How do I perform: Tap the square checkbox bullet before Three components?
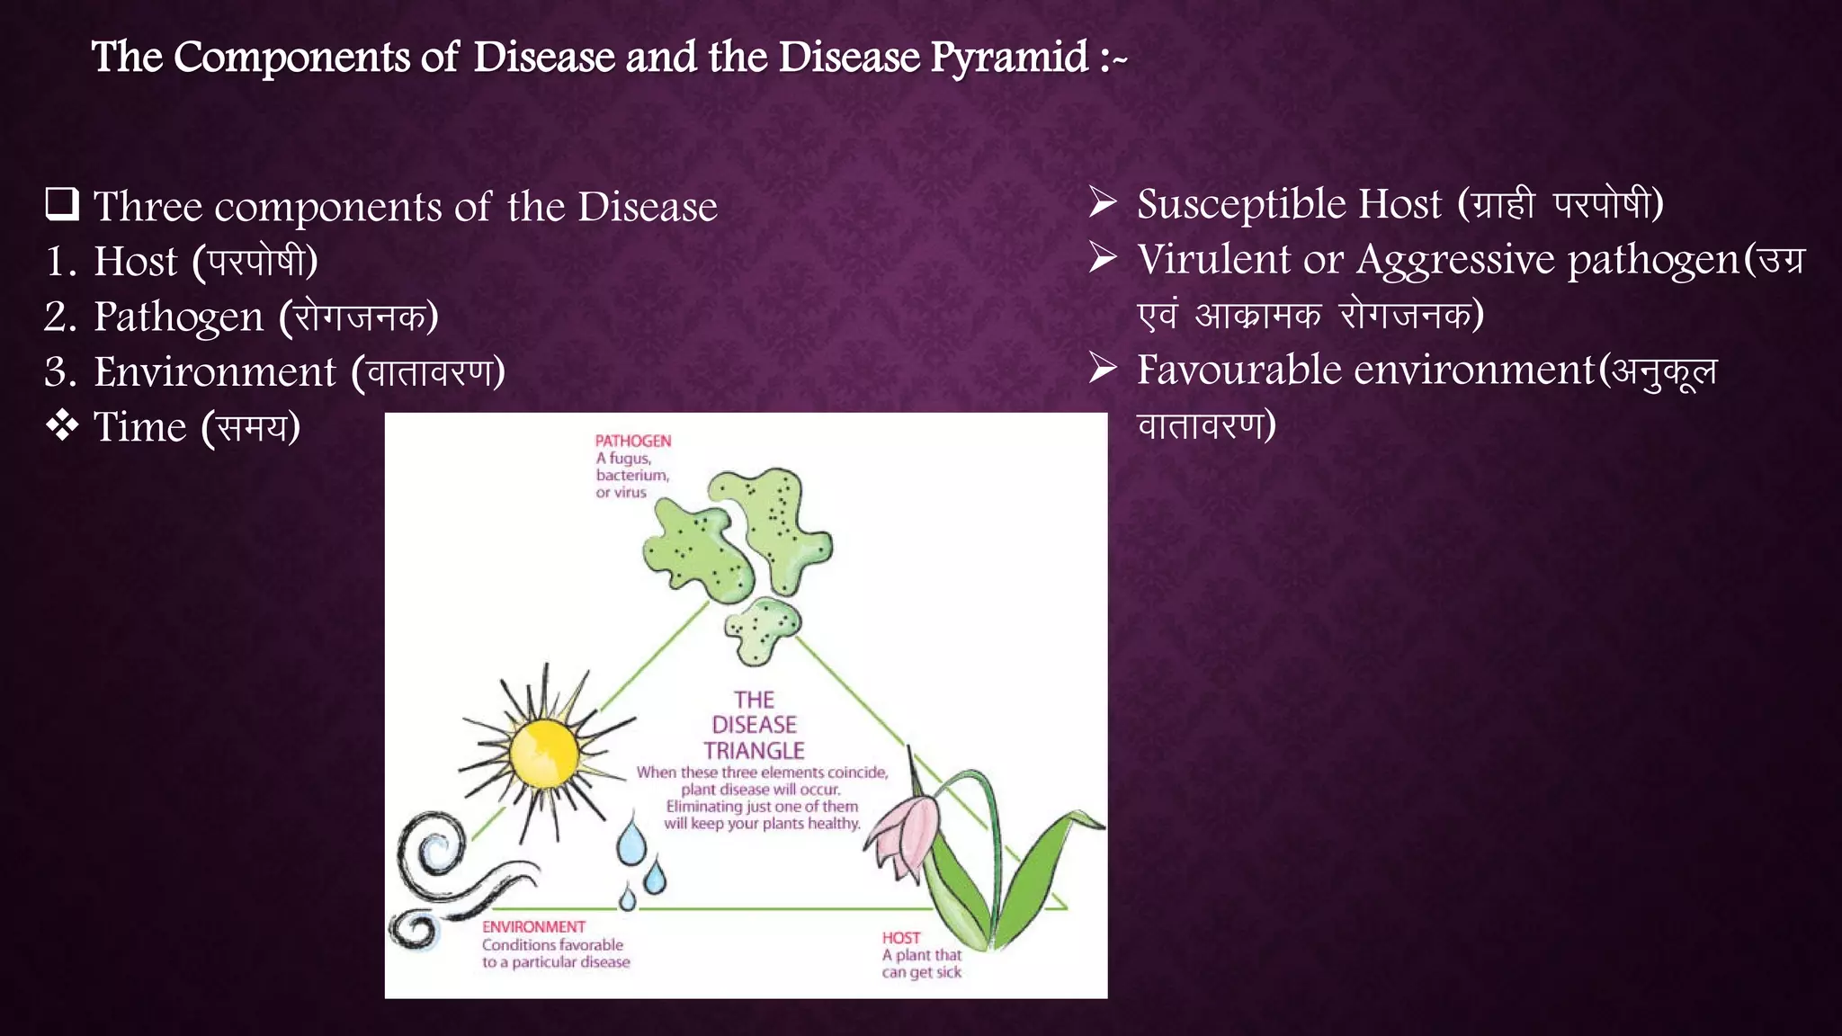[62, 205]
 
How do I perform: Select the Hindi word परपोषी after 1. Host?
[255, 262]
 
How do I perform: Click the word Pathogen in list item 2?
[179, 317]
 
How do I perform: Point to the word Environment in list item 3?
[215, 372]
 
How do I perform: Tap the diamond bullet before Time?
[62, 426]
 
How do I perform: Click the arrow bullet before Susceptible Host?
[1103, 202]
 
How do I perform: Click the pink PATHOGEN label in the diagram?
[633, 441]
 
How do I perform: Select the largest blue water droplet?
[631, 842]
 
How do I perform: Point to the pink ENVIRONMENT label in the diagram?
[533, 927]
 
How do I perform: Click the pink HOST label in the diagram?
[900, 938]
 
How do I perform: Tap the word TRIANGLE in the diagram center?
[754, 750]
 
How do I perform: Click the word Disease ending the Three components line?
[647, 207]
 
